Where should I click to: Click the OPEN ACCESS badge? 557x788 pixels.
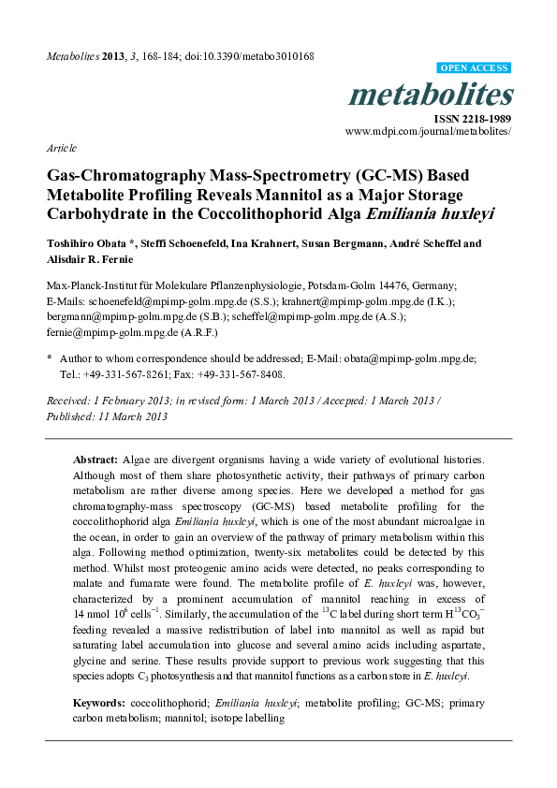(x=476, y=69)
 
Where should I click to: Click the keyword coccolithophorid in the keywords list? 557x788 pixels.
(x=172, y=702)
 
